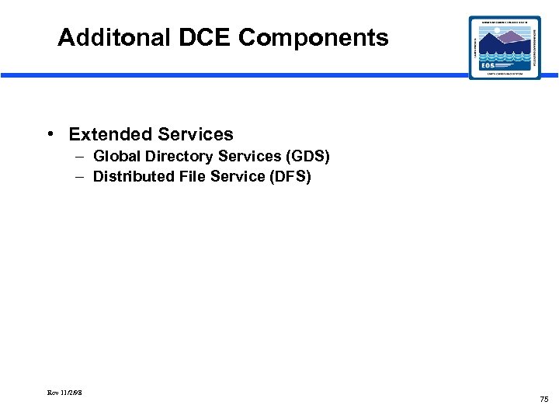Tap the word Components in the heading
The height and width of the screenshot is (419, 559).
pos(314,37)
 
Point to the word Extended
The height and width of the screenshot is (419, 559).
pos(109,134)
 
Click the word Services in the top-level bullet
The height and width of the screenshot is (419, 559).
pos(195,134)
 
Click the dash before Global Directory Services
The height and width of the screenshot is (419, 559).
pos(81,157)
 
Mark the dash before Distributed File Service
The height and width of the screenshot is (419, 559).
pos(81,176)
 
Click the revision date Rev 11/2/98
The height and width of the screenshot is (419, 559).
pos(64,393)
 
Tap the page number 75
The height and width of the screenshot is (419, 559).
pos(543,399)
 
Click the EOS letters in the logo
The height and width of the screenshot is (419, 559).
pos(488,66)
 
